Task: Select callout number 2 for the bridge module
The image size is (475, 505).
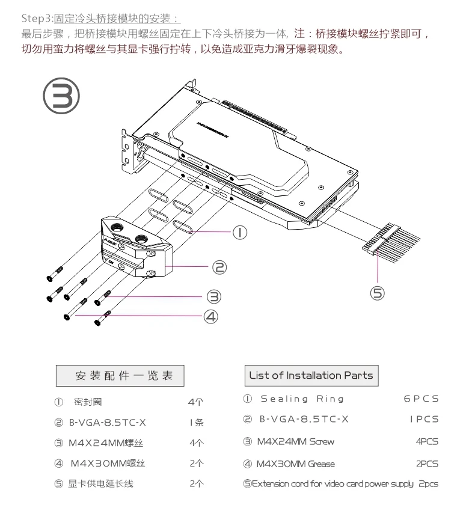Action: (x=220, y=267)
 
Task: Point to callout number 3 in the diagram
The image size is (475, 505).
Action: (x=213, y=296)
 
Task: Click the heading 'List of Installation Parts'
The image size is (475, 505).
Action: (x=311, y=375)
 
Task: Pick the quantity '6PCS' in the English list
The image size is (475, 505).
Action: (x=421, y=399)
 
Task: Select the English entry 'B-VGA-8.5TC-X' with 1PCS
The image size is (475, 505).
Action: (x=304, y=419)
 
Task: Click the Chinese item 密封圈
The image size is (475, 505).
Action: (x=88, y=402)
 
